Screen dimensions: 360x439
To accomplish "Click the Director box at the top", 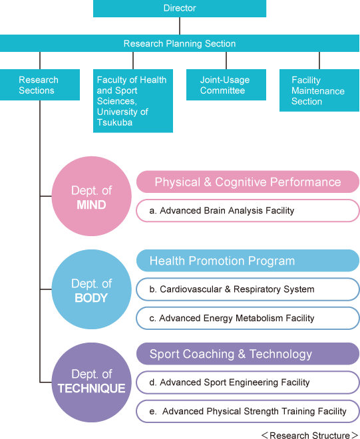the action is pos(180,9).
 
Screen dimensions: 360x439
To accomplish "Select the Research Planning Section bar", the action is pos(180,43).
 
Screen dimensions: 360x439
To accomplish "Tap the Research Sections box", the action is pos(40,85).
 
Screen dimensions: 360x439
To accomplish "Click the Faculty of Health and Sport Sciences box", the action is pos(133,101).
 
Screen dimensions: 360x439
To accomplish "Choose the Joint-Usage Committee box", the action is pos(226,85).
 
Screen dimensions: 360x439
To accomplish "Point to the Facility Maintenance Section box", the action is pos(319,90).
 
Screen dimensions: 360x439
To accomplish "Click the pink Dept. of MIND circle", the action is pos(92,196).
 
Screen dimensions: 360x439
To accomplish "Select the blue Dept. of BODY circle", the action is pos(92,289).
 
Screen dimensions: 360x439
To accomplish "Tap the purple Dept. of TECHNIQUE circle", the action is pos(92,382).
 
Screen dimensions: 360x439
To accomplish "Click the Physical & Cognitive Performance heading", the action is pos(248,182).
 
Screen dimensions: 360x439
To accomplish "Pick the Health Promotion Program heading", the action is pos(248,261).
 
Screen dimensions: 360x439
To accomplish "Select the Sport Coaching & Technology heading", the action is pos(248,354).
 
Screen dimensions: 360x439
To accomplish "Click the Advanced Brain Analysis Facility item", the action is pos(248,211).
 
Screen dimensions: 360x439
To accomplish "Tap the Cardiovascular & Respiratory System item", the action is pos(248,289).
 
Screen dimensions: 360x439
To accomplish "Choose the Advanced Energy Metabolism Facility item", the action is pos(248,319).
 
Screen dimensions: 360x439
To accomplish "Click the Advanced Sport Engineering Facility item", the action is pos(248,382).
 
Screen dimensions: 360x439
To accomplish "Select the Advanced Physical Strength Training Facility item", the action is pos(248,411).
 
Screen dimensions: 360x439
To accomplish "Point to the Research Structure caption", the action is pos(310,435).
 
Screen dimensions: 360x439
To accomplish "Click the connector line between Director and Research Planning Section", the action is pos(180,26).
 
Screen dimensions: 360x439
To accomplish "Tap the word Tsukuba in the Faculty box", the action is pos(114,122).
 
